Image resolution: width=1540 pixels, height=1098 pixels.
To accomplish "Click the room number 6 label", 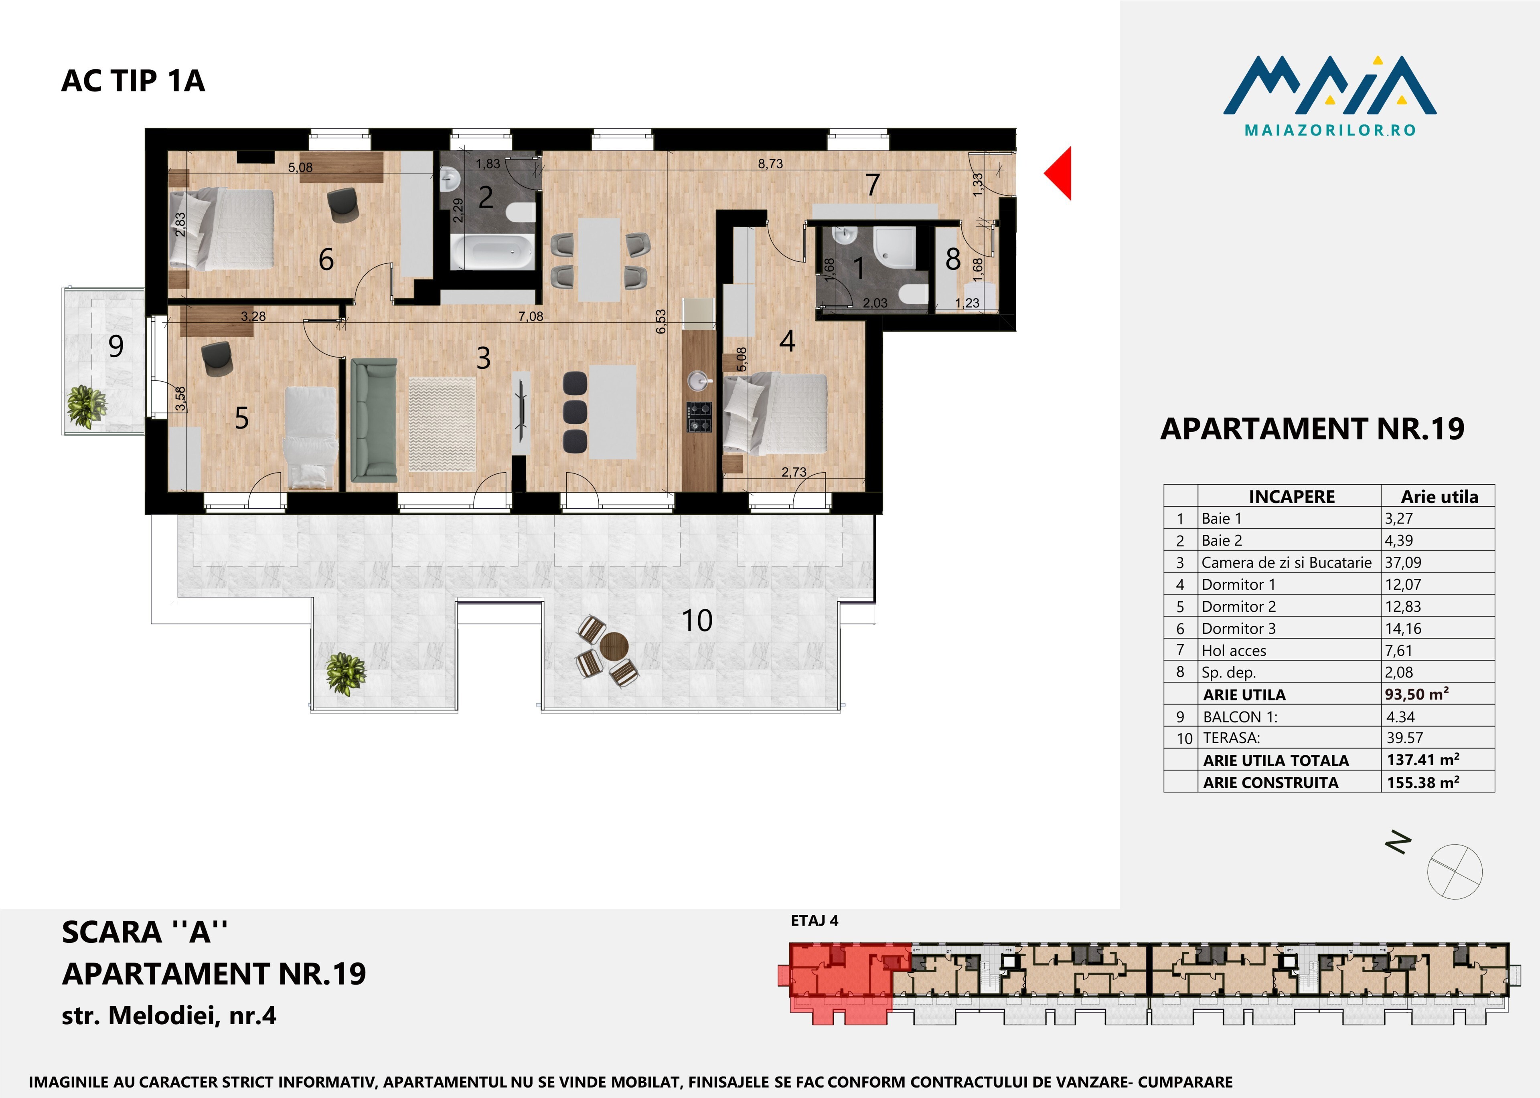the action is pyautogui.click(x=326, y=260).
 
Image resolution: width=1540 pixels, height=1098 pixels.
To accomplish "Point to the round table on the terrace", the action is pyautogui.click(x=614, y=646).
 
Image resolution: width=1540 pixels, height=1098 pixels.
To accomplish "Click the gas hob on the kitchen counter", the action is pyautogui.click(x=699, y=417).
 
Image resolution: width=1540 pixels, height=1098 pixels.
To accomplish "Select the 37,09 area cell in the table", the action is pyautogui.click(x=1403, y=562).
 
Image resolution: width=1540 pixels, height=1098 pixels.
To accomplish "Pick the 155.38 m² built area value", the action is pyautogui.click(x=1423, y=782).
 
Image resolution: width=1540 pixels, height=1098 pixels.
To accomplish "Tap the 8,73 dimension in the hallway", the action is pyautogui.click(x=770, y=164).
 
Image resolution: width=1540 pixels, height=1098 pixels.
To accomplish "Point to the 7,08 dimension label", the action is pyautogui.click(x=531, y=316).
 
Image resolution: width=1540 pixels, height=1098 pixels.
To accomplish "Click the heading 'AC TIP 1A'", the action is pyautogui.click(x=133, y=81).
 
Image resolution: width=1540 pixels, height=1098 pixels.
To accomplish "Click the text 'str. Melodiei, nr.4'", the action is pyautogui.click(x=169, y=1015).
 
